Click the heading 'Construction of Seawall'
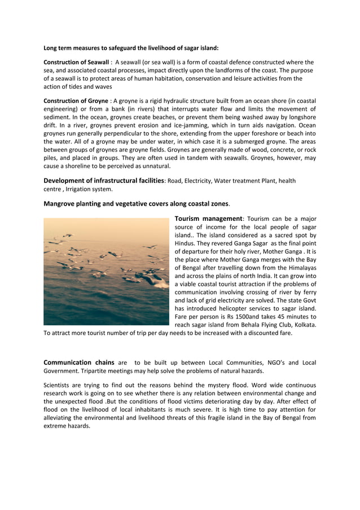coord(76,62)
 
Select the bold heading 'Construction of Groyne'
coord(76,101)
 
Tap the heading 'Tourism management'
coord(208,219)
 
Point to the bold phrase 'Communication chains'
coord(75,363)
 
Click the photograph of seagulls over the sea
coord(106,272)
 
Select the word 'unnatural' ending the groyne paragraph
coord(155,166)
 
